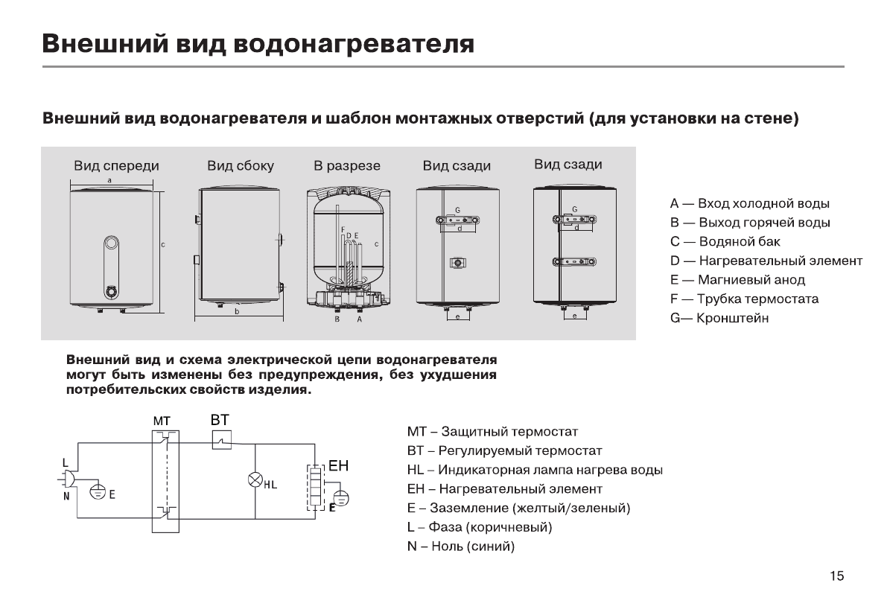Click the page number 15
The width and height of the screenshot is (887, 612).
click(836, 576)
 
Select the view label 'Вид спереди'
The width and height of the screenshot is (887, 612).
click(115, 166)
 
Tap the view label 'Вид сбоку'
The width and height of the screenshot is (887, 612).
click(241, 166)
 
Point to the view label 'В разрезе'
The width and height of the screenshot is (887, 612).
click(347, 166)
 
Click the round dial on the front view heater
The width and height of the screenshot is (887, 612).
click(111, 243)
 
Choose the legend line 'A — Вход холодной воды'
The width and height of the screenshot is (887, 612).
click(749, 203)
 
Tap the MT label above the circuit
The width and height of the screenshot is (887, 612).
click(162, 421)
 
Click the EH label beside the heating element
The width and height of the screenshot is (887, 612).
click(338, 467)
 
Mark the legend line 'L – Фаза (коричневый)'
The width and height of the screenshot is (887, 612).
click(480, 527)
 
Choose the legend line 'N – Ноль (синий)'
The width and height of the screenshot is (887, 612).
click(461, 546)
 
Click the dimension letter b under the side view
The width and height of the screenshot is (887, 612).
click(237, 312)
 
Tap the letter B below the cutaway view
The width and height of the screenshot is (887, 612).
click(337, 319)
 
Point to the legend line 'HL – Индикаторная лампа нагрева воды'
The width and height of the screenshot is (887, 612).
click(535, 470)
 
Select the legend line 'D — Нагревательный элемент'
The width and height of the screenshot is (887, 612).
click(766, 261)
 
